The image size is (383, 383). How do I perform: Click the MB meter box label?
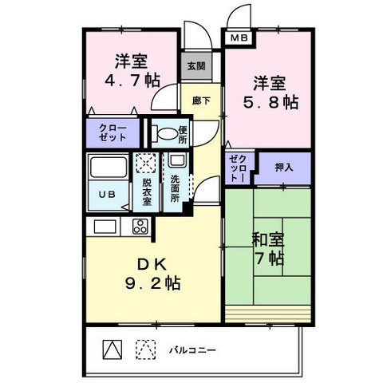pyautogui.click(x=239, y=38)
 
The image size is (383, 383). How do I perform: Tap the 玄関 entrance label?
pyautogui.click(x=196, y=66)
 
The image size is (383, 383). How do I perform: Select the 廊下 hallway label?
pyautogui.click(x=201, y=101)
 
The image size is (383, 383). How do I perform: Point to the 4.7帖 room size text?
pyautogui.click(x=132, y=80)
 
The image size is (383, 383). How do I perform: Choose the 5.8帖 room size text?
pyautogui.click(x=270, y=102)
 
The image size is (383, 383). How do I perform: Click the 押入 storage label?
pyautogui.click(x=284, y=167)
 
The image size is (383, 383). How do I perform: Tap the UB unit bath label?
pyautogui.click(x=107, y=195)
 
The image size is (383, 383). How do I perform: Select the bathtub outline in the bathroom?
pyautogui.click(x=109, y=167)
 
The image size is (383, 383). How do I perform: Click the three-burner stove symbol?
pyautogui.click(x=140, y=227)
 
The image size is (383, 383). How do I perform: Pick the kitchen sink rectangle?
pyautogui.click(x=105, y=227)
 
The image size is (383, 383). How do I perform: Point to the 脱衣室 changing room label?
pyautogui.click(x=147, y=192)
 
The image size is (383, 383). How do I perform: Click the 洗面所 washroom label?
pyautogui.click(x=175, y=188)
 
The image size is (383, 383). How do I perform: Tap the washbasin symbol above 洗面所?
pyautogui.click(x=176, y=160)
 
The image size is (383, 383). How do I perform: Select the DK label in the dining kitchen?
pyautogui.click(x=152, y=264)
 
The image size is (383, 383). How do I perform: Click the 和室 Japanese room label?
pyautogui.click(x=268, y=239)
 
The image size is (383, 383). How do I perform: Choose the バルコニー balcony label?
pyautogui.click(x=192, y=350)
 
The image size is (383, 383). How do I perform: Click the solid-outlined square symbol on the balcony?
pyautogui.click(x=113, y=349)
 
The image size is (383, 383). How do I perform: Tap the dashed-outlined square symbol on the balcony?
pyautogui.click(x=145, y=349)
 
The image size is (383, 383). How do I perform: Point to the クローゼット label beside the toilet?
pyautogui.click(x=113, y=132)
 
